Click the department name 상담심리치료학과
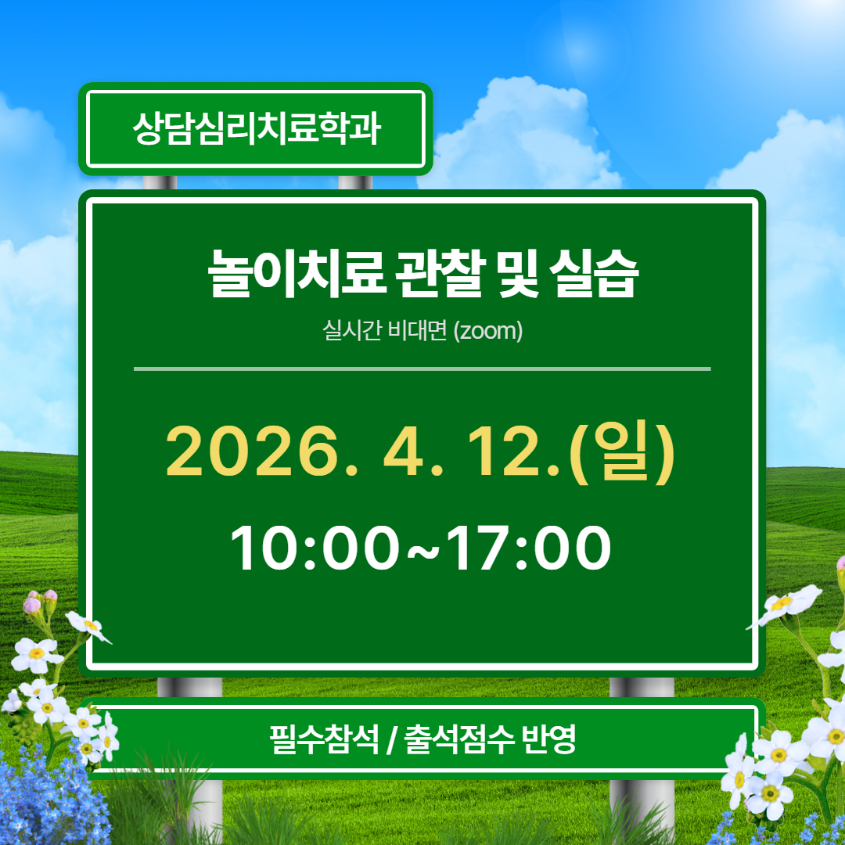256,129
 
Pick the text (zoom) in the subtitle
487,331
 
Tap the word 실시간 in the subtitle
351,331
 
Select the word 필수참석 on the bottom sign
322,739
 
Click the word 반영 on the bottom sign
548,739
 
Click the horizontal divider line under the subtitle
422,368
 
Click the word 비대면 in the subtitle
419,331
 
